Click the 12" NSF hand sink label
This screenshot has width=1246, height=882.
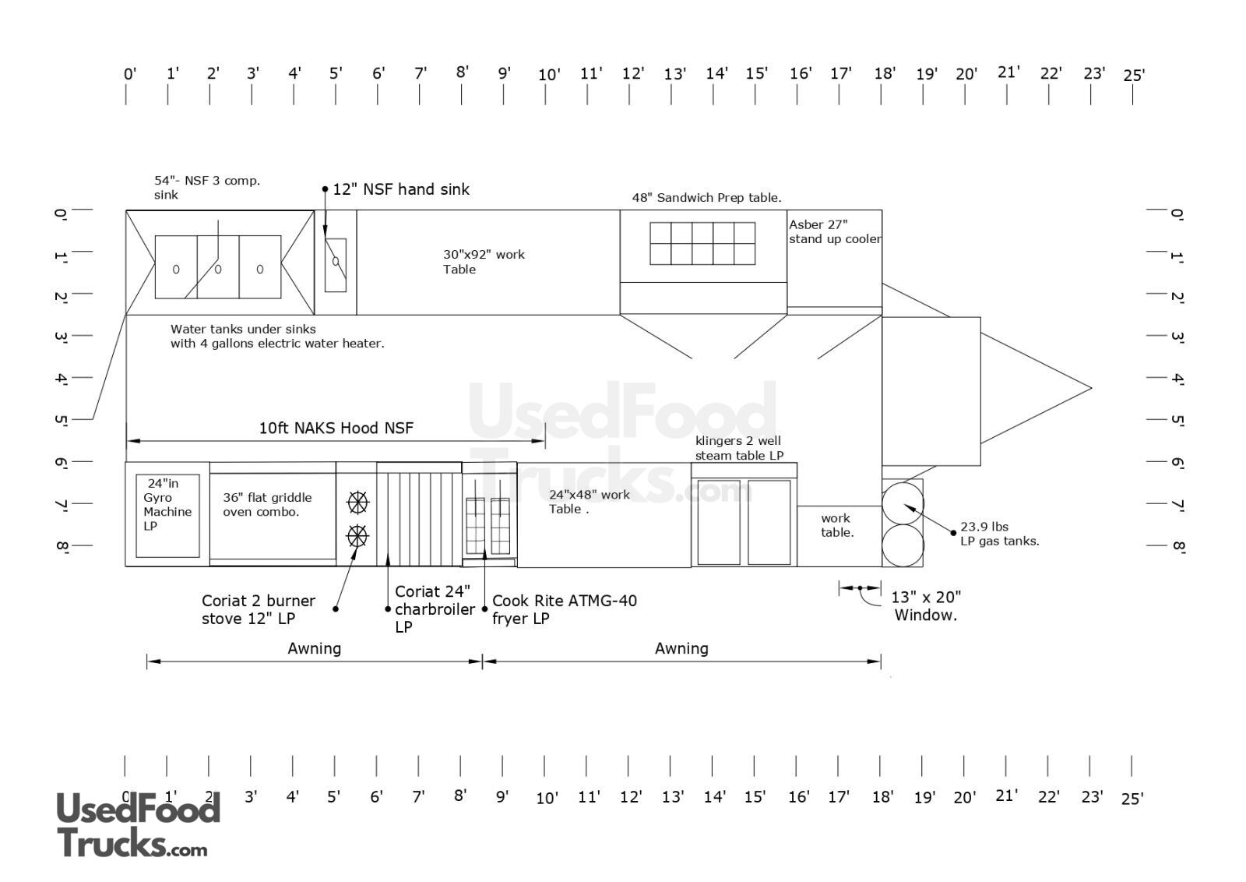coord(401,190)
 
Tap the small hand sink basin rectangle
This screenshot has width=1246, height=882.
coord(336,265)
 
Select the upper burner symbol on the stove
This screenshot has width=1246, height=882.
coord(357,503)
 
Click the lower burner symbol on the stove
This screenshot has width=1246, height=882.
coord(357,536)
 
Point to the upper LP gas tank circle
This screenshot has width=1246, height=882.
coord(903,503)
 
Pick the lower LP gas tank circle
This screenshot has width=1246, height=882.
coord(903,545)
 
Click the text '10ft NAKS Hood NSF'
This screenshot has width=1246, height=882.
coord(336,428)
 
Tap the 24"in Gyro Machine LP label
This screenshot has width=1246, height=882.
coord(167,505)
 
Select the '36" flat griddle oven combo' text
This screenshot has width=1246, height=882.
coord(268,505)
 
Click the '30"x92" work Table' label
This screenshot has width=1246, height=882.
coord(484,262)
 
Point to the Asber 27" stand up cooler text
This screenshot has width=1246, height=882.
coord(835,232)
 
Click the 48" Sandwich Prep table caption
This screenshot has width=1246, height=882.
coord(706,198)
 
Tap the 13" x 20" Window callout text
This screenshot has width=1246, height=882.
coord(926,606)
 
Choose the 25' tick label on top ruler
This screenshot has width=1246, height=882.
coord(1134,75)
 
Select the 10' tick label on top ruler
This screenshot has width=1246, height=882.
coord(549,75)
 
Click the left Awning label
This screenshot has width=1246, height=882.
coord(315,648)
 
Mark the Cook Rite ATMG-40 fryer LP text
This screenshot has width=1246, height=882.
coord(565,609)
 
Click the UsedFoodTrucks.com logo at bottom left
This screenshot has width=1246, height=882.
coord(139,824)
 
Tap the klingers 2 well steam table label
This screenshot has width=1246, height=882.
coord(739,448)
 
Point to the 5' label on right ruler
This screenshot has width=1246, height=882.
coord(1177,420)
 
